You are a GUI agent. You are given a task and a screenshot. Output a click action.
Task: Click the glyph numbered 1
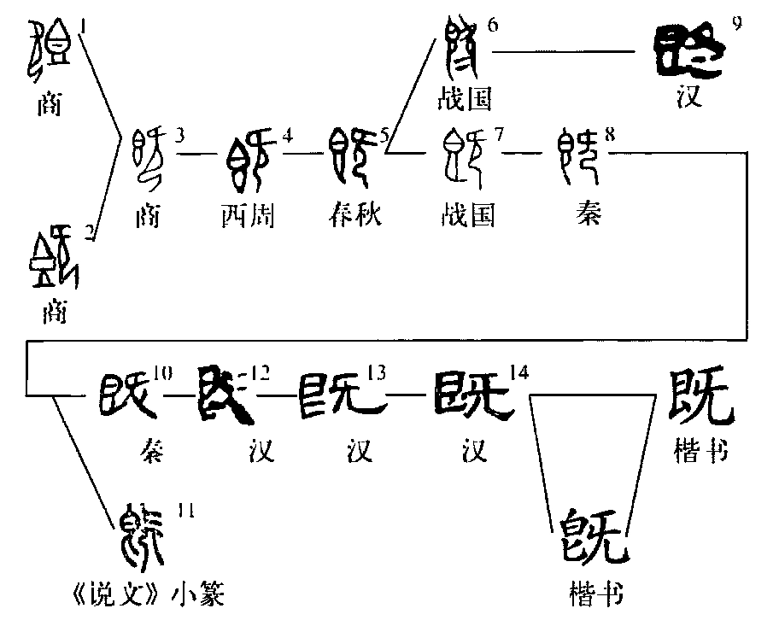[50, 49]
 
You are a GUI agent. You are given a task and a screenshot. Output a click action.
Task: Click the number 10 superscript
[163, 372]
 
